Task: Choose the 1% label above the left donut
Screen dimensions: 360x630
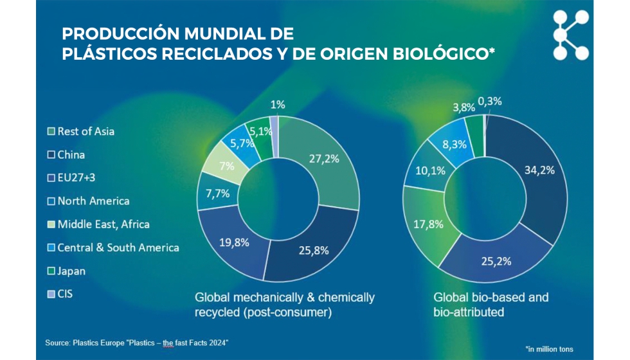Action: pyautogui.click(x=278, y=105)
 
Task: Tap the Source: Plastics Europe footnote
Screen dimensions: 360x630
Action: pyautogui.click(x=137, y=343)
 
